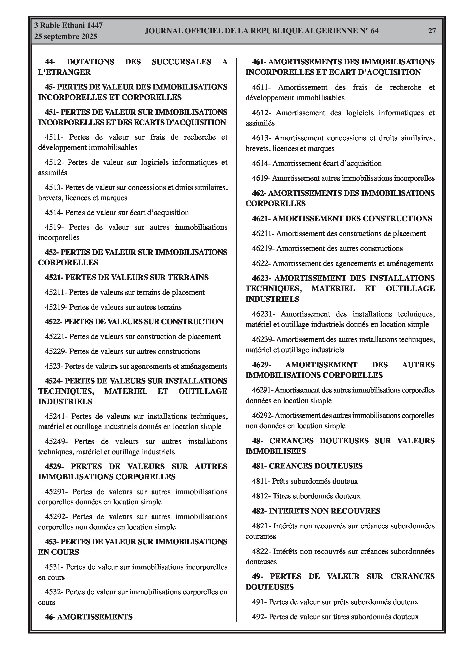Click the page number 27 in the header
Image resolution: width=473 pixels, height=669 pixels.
432,31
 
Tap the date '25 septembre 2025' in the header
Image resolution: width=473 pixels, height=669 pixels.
66,37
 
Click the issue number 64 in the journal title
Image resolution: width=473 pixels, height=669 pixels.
374,31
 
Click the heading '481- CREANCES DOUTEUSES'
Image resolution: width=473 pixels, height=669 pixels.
307,466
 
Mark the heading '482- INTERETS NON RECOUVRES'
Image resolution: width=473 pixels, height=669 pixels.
316,511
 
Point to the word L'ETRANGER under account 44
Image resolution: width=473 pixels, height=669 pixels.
64,72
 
